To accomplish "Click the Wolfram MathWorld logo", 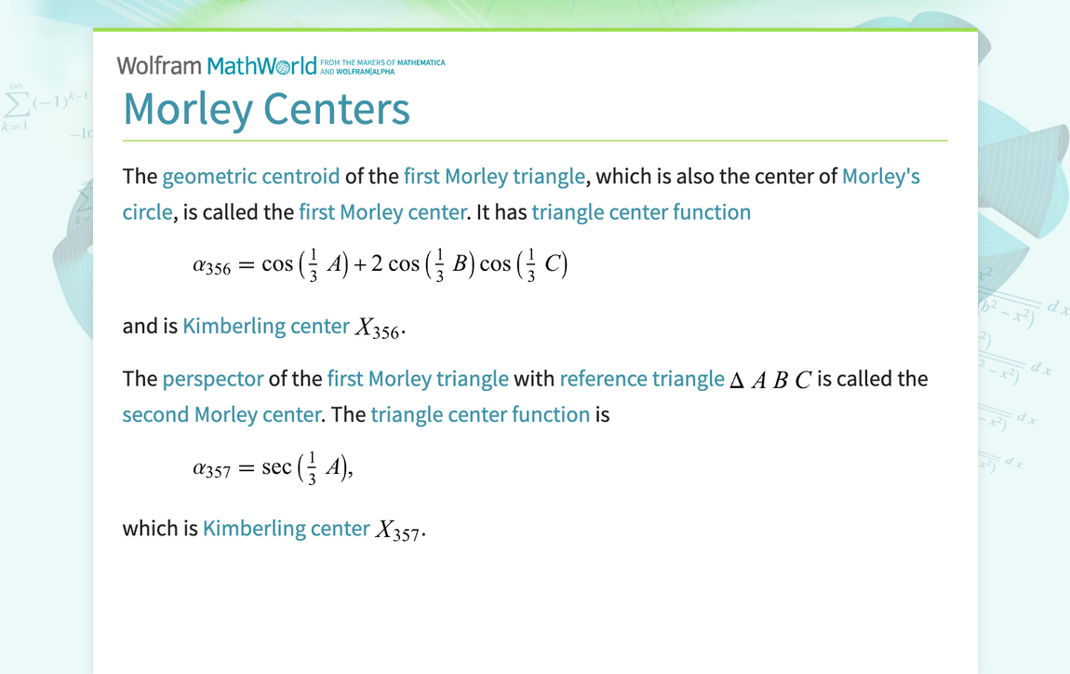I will click(217, 65).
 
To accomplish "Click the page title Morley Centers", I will click(266, 108).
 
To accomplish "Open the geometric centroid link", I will click(250, 176).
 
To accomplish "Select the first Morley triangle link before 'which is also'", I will click(494, 176).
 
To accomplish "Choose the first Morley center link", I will click(381, 212).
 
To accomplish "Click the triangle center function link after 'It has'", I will click(641, 212).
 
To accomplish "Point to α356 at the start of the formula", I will click(211, 266).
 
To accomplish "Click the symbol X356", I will click(377, 328).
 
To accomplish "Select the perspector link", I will click(213, 379).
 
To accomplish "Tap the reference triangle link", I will click(641, 379).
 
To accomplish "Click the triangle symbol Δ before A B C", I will click(736, 381).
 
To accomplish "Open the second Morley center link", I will click(221, 414).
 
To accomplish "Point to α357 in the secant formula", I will click(211, 469).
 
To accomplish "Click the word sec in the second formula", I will click(276, 467).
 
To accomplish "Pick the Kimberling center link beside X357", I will click(286, 528).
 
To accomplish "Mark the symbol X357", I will click(397, 530).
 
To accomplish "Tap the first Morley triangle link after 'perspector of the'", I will click(418, 379).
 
